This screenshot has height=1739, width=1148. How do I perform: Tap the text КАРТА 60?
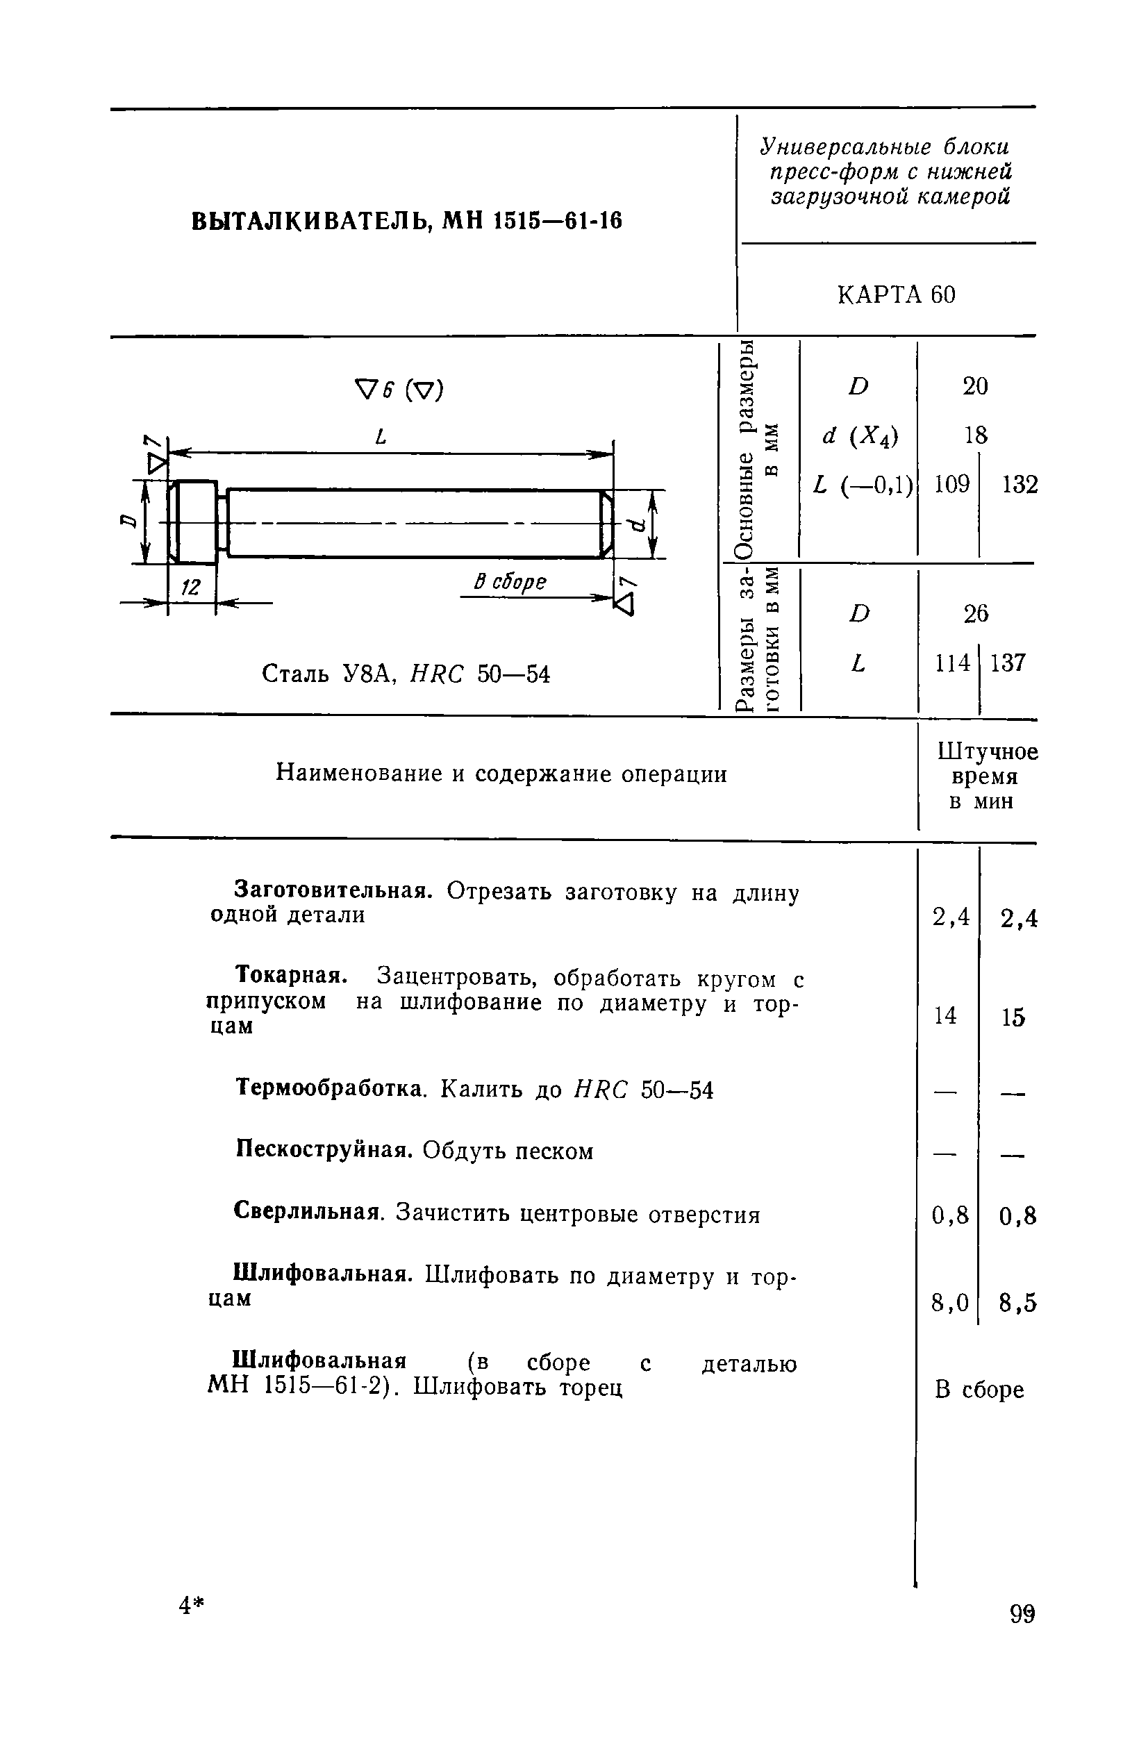point(896,295)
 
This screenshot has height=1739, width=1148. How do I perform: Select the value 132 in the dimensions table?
point(1020,485)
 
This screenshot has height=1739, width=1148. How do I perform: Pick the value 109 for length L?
point(951,484)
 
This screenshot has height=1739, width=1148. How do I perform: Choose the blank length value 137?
point(1008,663)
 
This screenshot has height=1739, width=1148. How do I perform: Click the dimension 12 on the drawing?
point(191,587)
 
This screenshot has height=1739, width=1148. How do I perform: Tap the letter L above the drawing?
point(380,437)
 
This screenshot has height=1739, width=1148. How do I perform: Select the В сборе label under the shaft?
point(510,582)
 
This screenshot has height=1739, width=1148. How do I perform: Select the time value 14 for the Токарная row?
point(945,1015)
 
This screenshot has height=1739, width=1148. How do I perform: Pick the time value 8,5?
point(1017,1304)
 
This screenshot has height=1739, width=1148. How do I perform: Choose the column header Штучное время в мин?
point(986,776)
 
